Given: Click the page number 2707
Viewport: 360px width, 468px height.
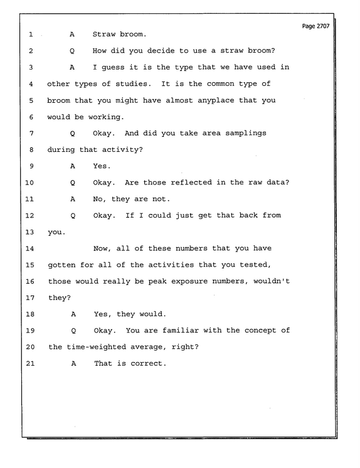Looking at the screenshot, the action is click(x=323, y=26).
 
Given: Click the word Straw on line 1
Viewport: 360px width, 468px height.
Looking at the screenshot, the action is click(x=104, y=34).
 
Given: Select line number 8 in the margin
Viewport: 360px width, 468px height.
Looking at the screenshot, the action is click(x=31, y=149).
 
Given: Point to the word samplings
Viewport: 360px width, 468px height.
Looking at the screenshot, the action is click(x=246, y=134).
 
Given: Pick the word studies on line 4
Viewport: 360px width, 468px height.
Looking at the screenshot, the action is click(x=132, y=84).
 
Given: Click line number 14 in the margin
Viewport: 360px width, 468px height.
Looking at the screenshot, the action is click(x=29, y=248).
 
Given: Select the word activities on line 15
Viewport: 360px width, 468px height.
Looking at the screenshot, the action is click(x=171, y=265).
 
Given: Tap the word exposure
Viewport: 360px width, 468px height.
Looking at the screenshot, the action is click(x=189, y=281).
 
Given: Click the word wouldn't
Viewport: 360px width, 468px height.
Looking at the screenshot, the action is click(x=272, y=281).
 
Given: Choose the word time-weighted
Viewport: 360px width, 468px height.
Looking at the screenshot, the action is click(x=97, y=347).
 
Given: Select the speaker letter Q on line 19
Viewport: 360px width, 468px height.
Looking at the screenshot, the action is click(x=73, y=331).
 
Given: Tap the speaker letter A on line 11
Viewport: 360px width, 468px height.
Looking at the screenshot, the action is click(x=73, y=199).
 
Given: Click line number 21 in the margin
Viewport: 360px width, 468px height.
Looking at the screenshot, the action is click(x=30, y=363).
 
